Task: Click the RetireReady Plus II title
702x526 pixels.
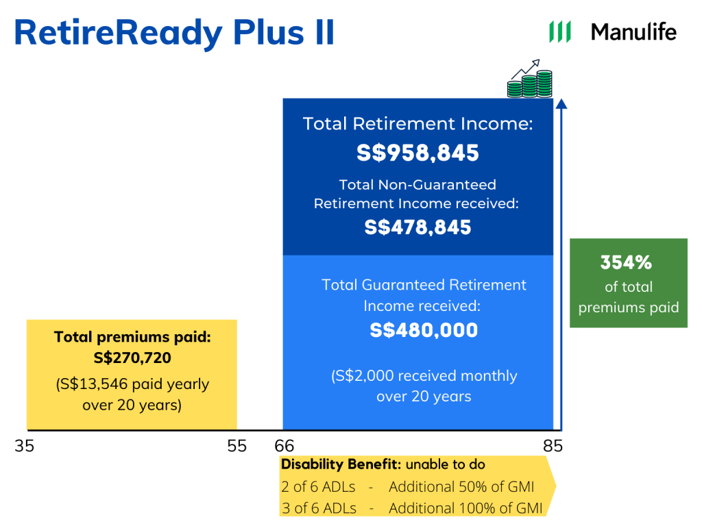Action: click(174, 32)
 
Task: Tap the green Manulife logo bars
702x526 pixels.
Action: click(560, 32)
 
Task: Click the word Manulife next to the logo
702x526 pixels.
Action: click(633, 32)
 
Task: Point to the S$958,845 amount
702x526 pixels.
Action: click(417, 153)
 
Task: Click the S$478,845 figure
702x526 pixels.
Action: click(417, 227)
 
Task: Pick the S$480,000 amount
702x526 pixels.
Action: click(424, 330)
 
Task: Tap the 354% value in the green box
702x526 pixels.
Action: click(626, 262)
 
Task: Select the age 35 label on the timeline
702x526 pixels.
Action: click(24, 446)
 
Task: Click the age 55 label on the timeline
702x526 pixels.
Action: click(237, 446)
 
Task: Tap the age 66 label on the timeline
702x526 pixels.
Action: click(284, 446)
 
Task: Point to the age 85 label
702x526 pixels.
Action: click(553, 446)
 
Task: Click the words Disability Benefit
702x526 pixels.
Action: click(340, 464)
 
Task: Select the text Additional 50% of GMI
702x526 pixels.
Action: click(461, 487)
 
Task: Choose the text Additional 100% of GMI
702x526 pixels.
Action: click(465, 508)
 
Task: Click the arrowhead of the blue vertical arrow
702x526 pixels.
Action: click(561, 104)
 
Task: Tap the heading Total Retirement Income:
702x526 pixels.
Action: click(417, 124)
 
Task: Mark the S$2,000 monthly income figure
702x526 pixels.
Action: click(363, 376)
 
